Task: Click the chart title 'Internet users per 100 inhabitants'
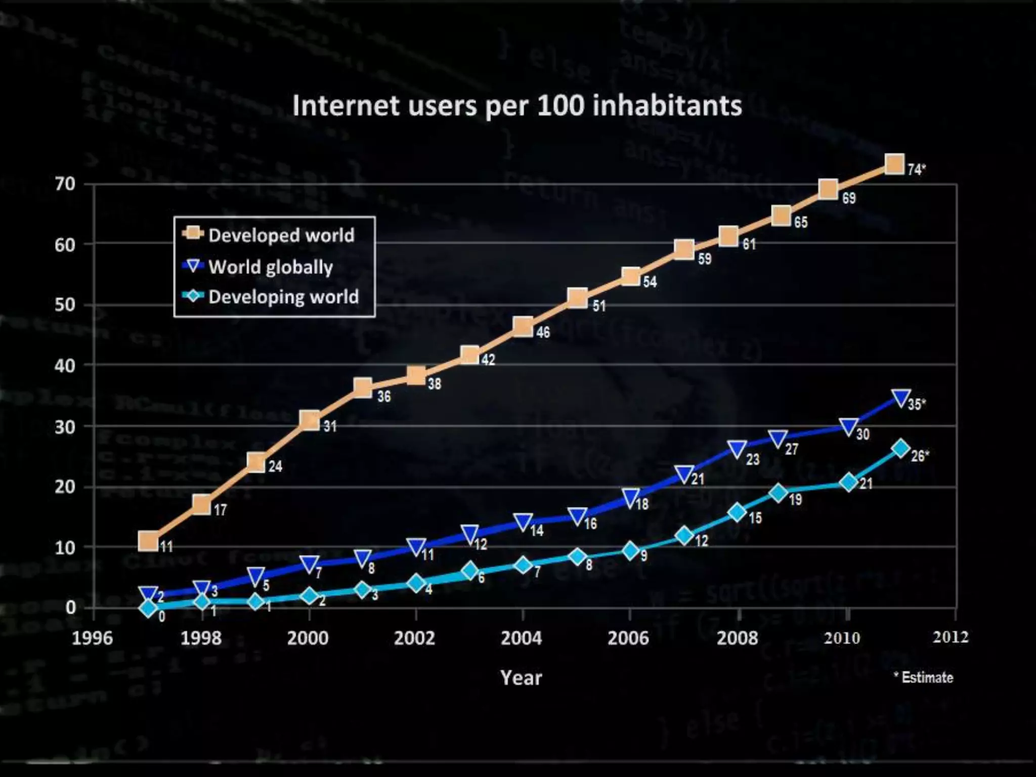click(x=517, y=106)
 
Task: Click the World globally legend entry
click(x=270, y=267)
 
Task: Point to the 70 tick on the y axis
click(x=65, y=184)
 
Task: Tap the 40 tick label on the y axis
click(x=65, y=365)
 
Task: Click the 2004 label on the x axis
click(x=521, y=638)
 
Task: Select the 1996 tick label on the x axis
click(x=92, y=638)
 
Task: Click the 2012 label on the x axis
click(x=951, y=637)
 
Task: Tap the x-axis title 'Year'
click(x=521, y=678)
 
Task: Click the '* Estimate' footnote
click(x=923, y=677)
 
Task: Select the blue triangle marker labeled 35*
click(x=901, y=398)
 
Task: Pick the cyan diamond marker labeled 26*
click(x=901, y=448)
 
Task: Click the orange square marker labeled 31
click(x=310, y=420)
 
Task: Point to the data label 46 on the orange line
click(x=543, y=332)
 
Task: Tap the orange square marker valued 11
click(x=148, y=541)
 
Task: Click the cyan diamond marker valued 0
click(x=148, y=608)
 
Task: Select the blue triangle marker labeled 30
click(x=848, y=427)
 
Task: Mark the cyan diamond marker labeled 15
click(x=738, y=512)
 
